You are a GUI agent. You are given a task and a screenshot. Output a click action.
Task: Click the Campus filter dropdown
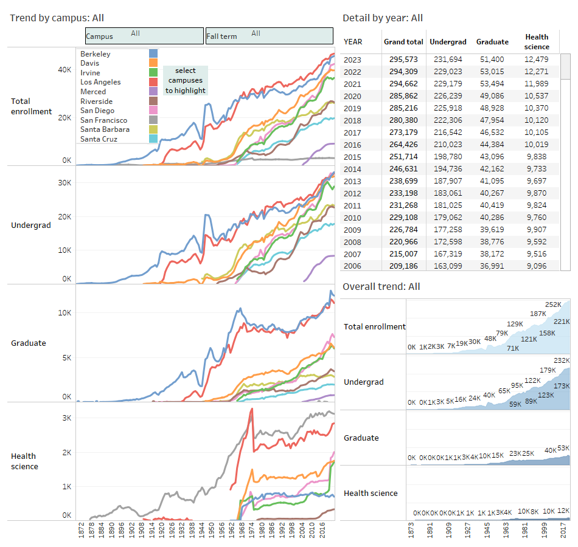point(144,36)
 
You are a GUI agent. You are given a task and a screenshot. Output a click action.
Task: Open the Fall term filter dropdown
point(269,36)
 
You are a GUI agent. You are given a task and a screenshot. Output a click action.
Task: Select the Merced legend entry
point(93,92)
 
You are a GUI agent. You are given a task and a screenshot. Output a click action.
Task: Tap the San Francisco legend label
point(104,120)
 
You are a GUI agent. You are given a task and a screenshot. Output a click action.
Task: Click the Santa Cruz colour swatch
point(153,139)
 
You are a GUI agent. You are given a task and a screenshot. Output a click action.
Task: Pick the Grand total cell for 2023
point(403,60)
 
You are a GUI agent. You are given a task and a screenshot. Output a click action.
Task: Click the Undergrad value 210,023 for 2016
point(448,145)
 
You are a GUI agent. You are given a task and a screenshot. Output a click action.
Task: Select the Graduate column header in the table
point(492,42)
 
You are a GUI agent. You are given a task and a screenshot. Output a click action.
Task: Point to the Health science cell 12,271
point(537,72)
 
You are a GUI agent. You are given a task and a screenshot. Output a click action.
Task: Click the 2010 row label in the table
point(353,218)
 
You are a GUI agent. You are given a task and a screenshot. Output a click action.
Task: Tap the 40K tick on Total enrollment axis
point(64,71)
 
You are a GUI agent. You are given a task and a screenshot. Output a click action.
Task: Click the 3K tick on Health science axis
point(66,418)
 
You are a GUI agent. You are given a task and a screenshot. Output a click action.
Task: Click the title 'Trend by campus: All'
point(57,18)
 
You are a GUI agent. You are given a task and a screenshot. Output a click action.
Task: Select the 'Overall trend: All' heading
point(381,287)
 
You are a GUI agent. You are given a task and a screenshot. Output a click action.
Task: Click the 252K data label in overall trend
point(553,305)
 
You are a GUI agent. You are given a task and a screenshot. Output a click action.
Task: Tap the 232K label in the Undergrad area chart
point(562,361)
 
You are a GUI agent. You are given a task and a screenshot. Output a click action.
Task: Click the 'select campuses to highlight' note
point(186,81)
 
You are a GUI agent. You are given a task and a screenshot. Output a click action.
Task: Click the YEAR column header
point(353,42)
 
